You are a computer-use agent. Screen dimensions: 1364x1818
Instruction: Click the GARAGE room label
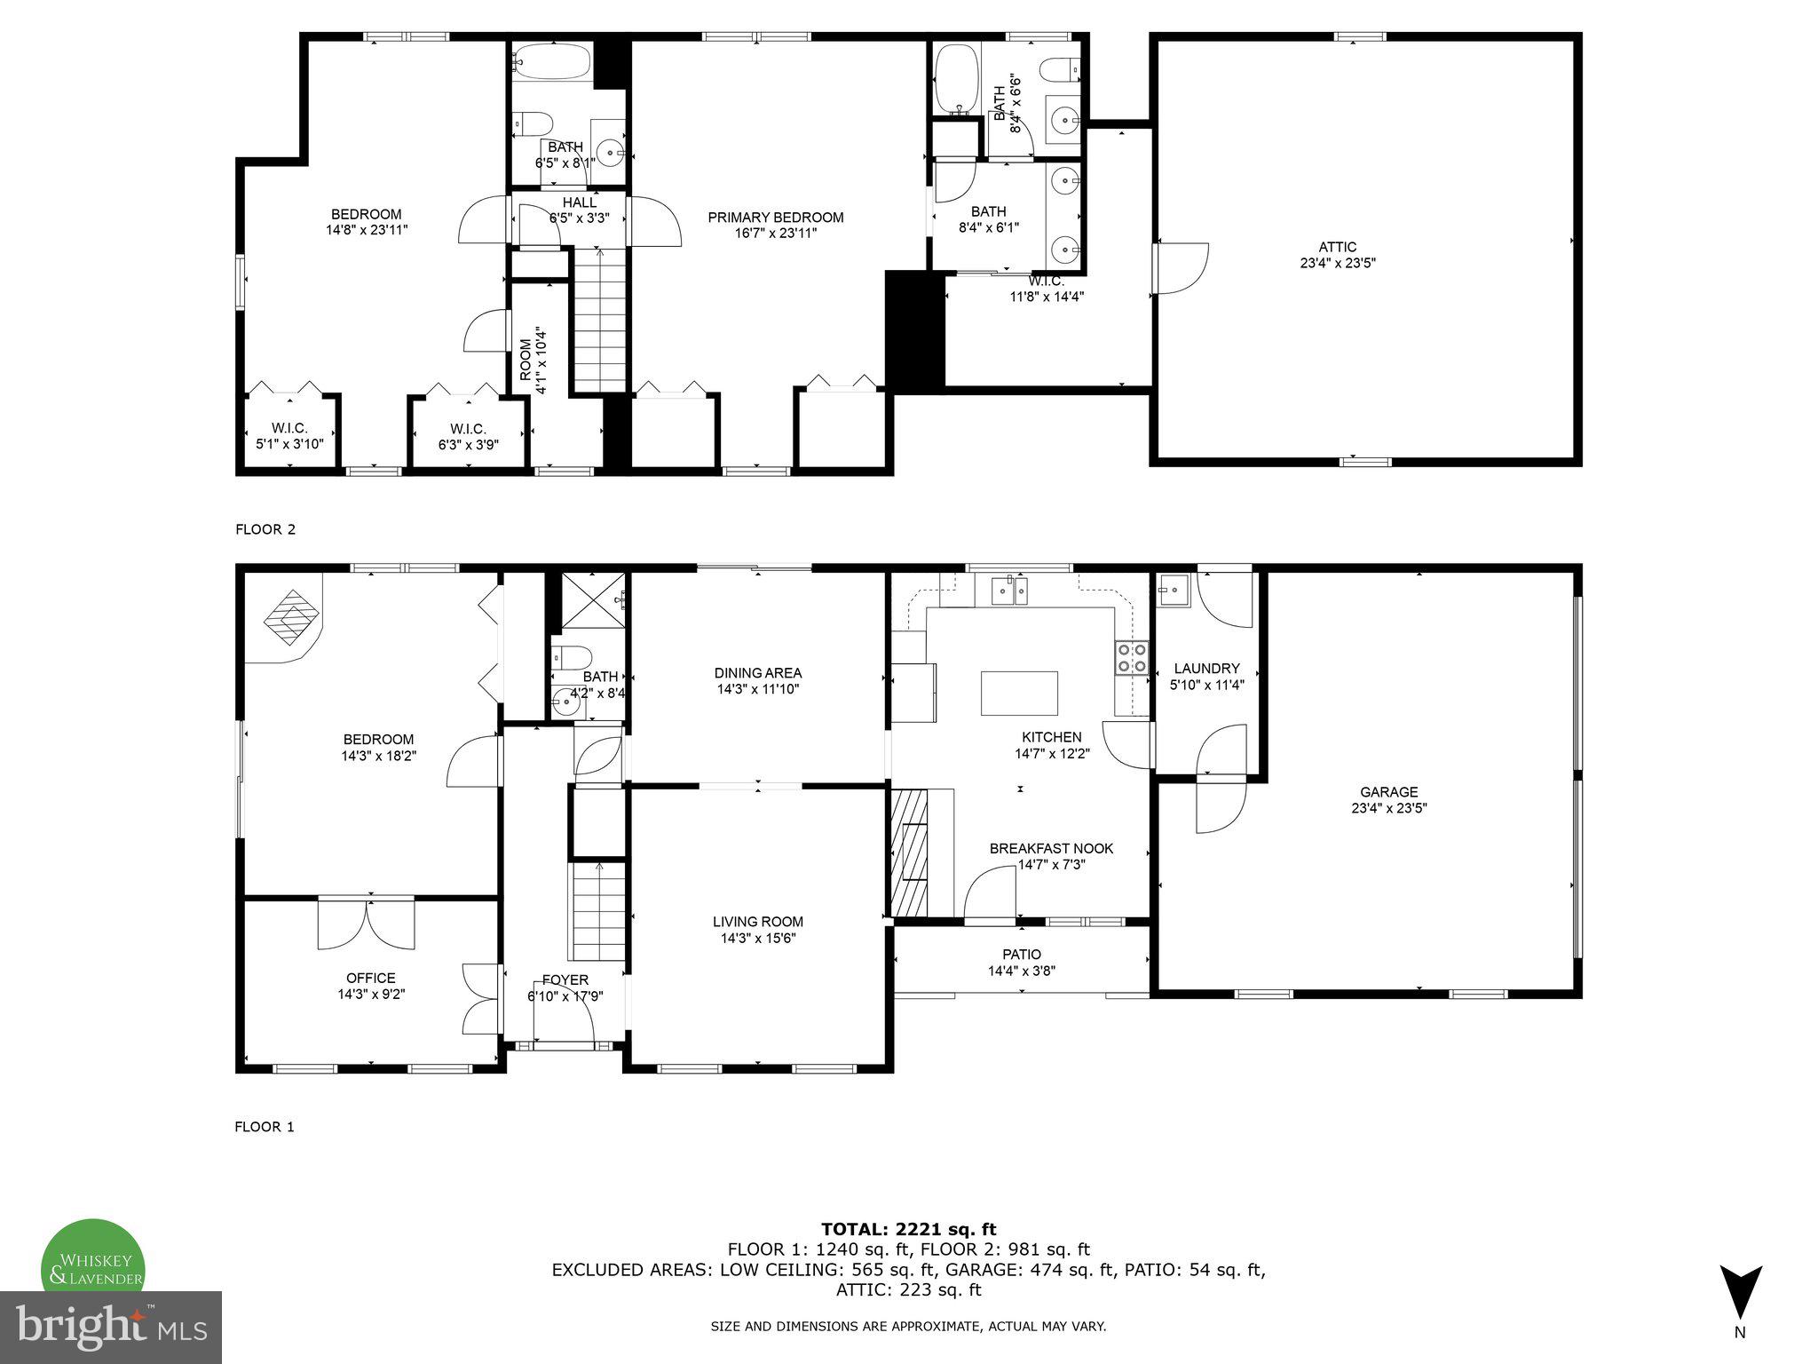pos(1388,792)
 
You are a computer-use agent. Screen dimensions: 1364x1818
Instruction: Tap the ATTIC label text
pos(1337,247)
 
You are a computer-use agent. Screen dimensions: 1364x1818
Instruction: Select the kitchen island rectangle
pos(1019,694)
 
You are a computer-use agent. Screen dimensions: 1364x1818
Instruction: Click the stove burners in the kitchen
pos(1132,657)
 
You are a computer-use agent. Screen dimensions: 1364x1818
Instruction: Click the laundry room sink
pos(1174,588)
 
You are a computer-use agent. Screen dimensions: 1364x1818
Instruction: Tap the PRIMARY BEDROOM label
pos(775,218)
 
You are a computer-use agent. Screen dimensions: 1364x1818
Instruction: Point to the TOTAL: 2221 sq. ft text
pos(908,1229)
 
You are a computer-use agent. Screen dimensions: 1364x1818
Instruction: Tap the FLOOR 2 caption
pos(265,529)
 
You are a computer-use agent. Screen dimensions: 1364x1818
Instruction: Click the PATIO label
pos(1021,955)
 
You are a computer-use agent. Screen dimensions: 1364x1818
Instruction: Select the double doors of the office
pos(367,924)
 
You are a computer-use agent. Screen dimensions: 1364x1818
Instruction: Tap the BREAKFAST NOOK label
pos(1051,848)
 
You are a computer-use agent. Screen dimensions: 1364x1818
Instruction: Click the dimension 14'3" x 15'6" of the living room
pos(757,938)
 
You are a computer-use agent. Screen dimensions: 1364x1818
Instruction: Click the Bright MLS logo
pos(111,1327)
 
